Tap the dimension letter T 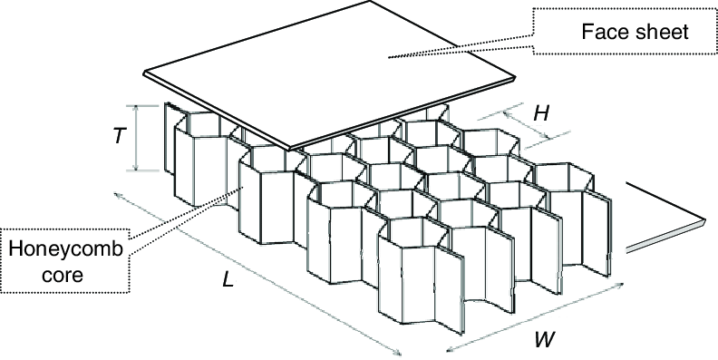click(x=119, y=137)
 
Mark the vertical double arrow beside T click(x=137, y=138)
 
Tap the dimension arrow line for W click(x=535, y=317)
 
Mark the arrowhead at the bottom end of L click(x=400, y=355)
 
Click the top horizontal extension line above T click(x=150, y=104)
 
